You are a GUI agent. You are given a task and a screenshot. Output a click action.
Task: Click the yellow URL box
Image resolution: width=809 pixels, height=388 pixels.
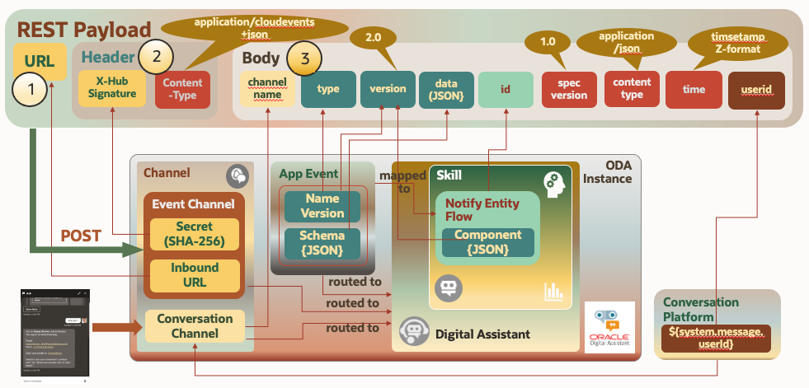click(x=40, y=62)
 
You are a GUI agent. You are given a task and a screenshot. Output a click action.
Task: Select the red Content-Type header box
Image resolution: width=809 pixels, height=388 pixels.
click(x=182, y=89)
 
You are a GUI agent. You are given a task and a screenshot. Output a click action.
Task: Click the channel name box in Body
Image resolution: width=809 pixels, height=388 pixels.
click(x=266, y=89)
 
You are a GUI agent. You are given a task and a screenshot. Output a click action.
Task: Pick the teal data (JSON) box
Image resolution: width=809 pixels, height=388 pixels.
click(x=446, y=89)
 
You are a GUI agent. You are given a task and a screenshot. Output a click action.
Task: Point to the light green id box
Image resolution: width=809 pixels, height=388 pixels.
click(x=506, y=89)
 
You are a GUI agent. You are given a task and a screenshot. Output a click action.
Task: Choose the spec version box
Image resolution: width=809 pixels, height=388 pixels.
click(x=569, y=89)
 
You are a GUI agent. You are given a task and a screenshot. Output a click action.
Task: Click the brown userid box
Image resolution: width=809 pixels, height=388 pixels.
click(x=755, y=89)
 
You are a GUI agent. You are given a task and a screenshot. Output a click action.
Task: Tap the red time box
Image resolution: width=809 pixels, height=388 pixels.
click(x=694, y=89)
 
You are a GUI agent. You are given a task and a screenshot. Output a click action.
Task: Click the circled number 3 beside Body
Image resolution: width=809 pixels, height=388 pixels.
click(x=304, y=58)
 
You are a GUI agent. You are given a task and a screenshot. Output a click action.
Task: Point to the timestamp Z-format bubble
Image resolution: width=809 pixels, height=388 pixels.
click(x=737, y=41)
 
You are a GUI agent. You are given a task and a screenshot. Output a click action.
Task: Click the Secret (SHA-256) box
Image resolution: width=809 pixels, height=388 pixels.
click(x=194, y=234)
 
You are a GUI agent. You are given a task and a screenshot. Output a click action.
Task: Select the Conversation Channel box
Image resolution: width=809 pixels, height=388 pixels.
click(x=194, y=325)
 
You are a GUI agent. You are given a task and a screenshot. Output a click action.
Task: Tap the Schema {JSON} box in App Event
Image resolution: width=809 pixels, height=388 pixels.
click(x=322, y=242)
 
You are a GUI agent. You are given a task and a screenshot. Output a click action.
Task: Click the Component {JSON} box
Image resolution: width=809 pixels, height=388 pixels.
click(x=489, y=242)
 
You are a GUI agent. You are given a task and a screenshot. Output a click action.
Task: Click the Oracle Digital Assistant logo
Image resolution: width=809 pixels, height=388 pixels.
click(x=609, y=328)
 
